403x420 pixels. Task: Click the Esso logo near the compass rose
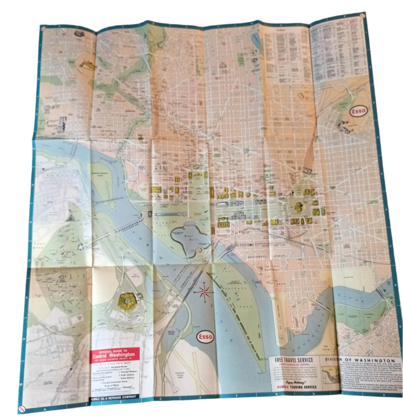(x=206, y=336)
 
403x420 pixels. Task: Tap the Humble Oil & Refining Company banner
(x=113, y=397)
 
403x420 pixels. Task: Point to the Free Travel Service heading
(x=294, y=360)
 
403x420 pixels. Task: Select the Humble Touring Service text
(x=295, y=387)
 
